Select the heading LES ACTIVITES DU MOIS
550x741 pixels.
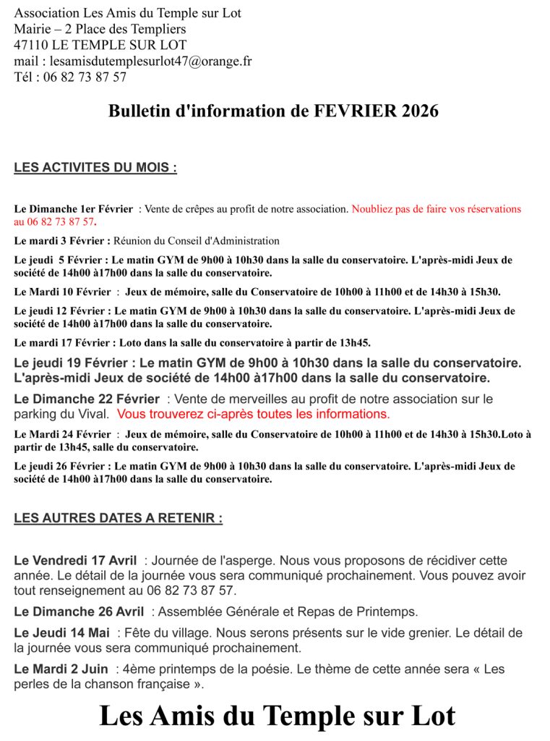(95, 168)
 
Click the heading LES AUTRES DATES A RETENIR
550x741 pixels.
(118, 518)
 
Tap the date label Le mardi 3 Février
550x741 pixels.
(62, 241)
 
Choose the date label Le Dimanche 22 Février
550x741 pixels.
(87, 399)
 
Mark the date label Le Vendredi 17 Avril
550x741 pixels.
(75, 560)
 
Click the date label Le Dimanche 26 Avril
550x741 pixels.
(79, 611)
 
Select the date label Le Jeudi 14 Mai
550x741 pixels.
(62, 632)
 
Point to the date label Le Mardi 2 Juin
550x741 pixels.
(61, 669)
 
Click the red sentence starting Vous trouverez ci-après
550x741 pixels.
(253, 414)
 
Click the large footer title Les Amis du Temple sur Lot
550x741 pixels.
(277, 716)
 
